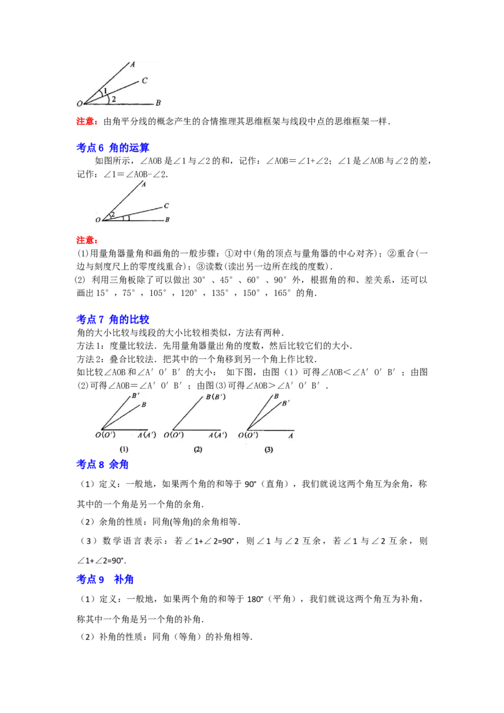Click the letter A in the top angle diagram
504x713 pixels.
tap(132, 64)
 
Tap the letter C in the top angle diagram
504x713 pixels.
tap(144, 81)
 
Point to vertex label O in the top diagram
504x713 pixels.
tap(79, 104)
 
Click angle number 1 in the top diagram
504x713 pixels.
tap(105, 91)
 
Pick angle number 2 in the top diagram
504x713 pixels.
tap(113, 99)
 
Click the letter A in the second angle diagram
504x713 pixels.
tap(144, 185)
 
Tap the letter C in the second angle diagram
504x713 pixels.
tap(166, 205)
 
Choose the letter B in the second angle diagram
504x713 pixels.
tap(167, 220)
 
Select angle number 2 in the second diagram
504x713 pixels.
tap(112, 215)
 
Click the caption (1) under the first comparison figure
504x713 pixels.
tap(124, 449)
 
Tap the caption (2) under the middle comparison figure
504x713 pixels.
tap(198, 449)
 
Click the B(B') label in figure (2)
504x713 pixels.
tap(215, 397)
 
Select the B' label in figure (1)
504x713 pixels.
tap(135, 396)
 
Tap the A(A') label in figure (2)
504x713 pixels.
tap(218, 435)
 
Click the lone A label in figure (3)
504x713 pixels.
tap(291, 435)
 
